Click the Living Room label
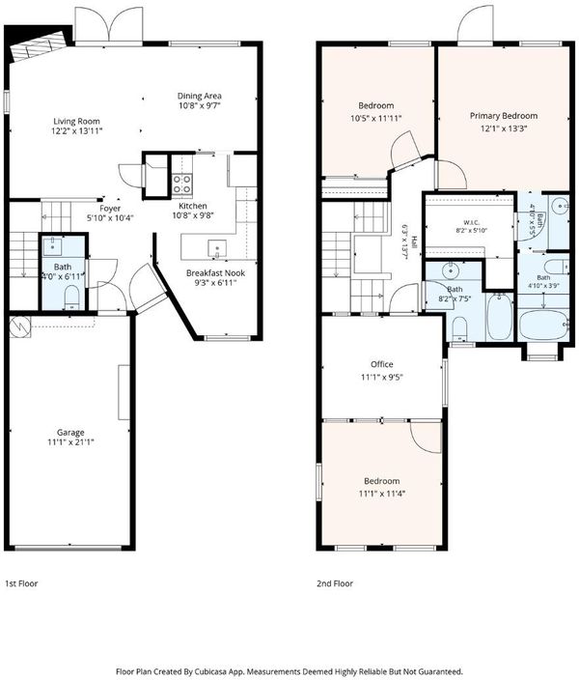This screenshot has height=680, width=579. (76, 122)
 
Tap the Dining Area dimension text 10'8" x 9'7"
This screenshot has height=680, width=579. (200, 106)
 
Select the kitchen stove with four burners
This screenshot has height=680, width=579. (182, 184)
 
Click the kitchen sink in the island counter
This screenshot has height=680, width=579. (216, 248)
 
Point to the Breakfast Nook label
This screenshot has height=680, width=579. (215, 273)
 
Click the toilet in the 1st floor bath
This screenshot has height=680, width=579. (71, 297)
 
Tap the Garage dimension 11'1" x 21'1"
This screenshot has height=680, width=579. (71, 442)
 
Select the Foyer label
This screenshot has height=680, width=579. (110, 209)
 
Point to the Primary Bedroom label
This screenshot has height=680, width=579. (504, 116)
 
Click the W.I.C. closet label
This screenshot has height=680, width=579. (472, 222)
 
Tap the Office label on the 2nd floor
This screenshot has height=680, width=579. (382, 364)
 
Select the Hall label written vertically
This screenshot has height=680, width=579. (414, 241)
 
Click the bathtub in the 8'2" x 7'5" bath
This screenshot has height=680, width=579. (499, 317)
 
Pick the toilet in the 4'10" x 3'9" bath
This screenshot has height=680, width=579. (556, 266)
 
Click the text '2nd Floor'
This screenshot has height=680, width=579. (335, 583)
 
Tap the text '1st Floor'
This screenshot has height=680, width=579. (21, 583)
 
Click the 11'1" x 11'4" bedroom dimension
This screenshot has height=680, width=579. (382, 494)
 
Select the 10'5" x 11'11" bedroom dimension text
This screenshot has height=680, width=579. (375, 118)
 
